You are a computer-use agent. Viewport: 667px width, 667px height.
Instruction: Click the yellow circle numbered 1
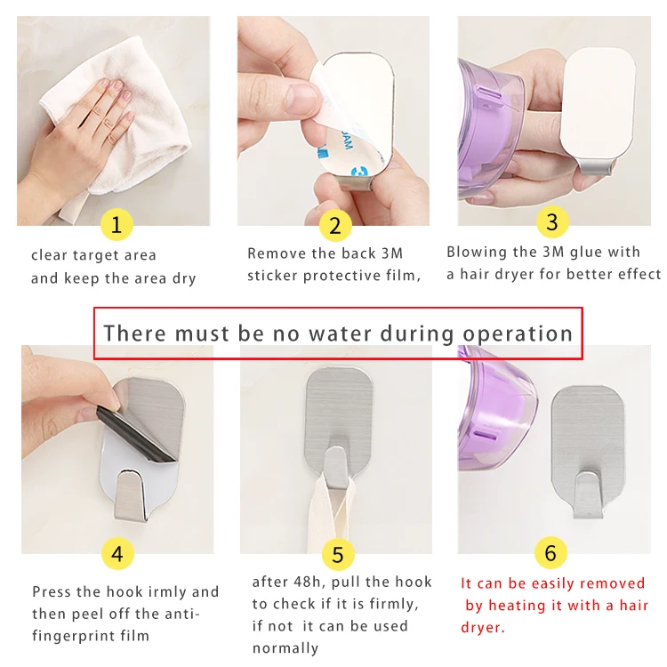coord(117,224)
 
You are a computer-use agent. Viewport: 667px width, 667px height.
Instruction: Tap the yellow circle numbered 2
coord(335,226)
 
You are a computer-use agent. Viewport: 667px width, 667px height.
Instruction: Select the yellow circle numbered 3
coord(552,221)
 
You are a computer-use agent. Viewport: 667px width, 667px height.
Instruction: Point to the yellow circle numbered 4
coord(117,554)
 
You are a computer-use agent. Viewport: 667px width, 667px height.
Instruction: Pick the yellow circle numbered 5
coord(338,554)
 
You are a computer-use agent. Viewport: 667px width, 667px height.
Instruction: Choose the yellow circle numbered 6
coord(550,552)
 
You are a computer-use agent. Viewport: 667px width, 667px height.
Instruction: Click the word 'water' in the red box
coord(341,333)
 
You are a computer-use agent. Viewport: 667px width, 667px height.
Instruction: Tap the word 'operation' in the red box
coord(518,334)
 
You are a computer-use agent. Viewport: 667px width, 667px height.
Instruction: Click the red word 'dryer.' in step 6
coord(483,628)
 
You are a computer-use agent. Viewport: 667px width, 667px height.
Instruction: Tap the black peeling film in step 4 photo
coord(136,436)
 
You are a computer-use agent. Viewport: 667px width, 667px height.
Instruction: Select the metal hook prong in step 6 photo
coord(589,495)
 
